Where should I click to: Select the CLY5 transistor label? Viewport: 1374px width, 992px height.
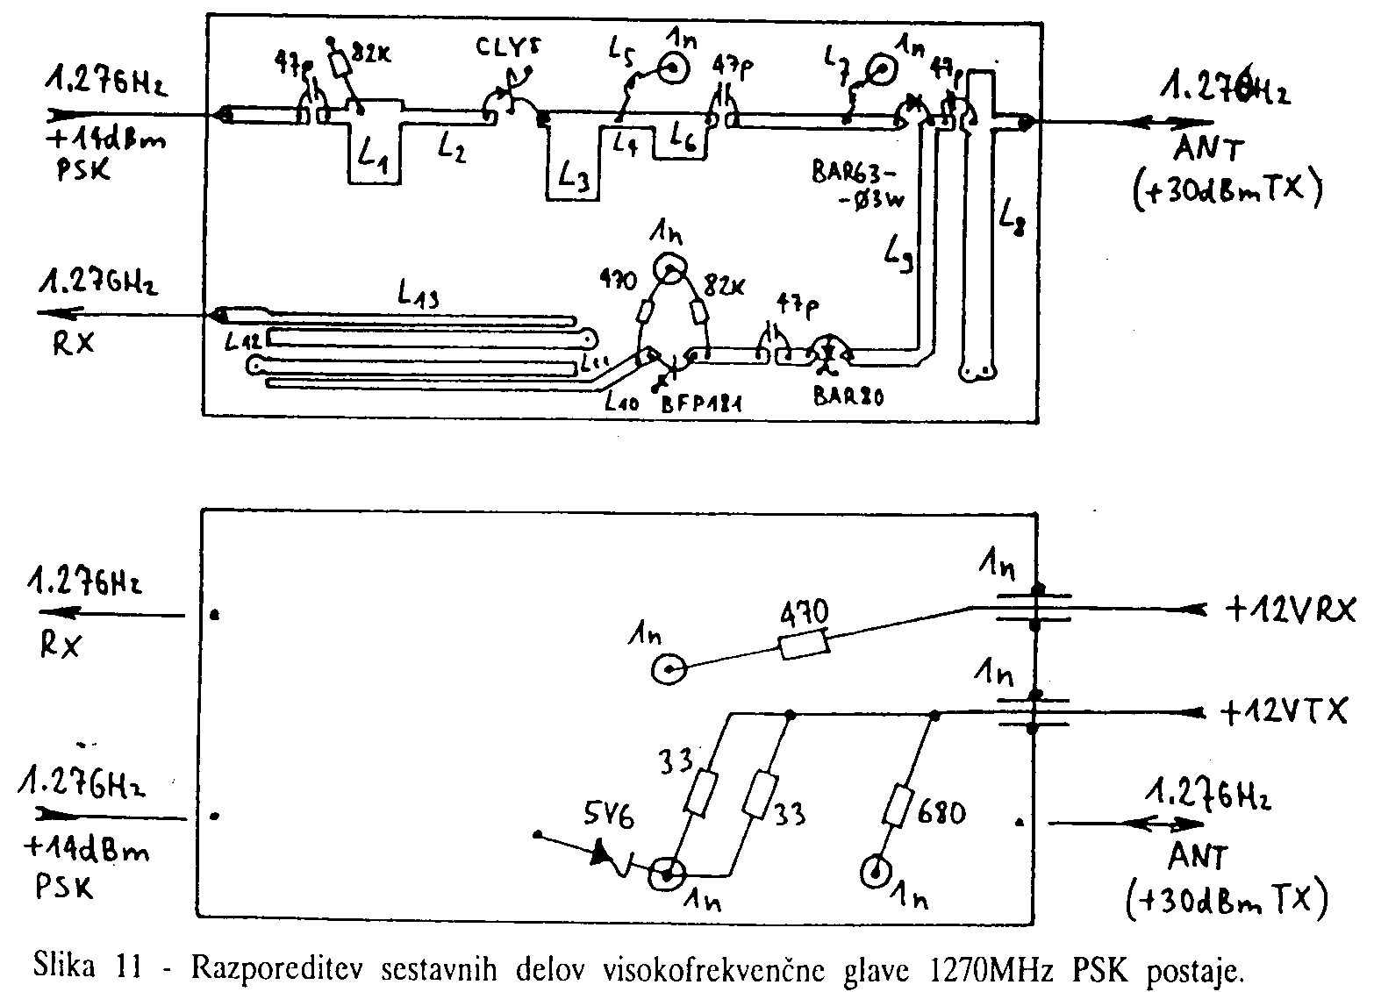[x=506, y=48]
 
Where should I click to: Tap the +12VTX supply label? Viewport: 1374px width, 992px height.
[x=1283, y=712]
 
